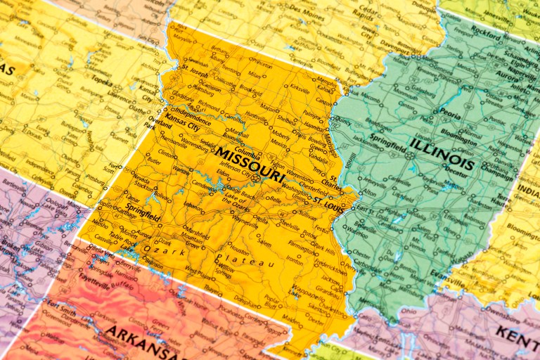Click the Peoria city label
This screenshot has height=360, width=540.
point(451,111)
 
